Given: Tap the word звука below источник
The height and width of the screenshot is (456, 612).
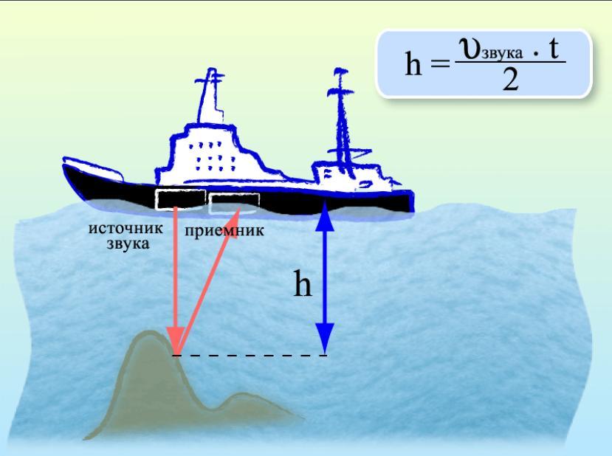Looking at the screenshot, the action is [126, 243].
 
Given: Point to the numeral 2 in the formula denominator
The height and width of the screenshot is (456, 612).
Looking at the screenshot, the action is [509, 79].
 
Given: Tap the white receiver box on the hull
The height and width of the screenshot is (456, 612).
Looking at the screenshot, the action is [234, 201].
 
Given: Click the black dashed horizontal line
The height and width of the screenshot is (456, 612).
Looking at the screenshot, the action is [251, 356].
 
